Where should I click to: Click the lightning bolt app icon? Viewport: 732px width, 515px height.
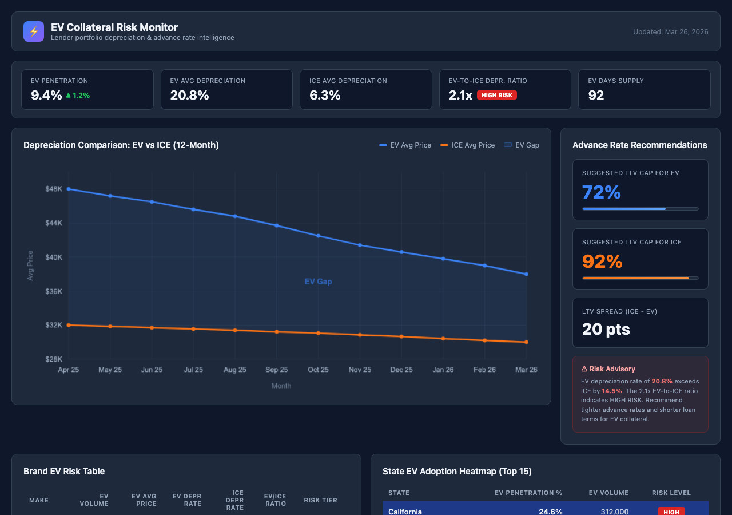34,31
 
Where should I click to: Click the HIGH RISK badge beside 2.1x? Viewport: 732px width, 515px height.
496,95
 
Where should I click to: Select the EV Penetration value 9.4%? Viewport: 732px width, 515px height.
46,96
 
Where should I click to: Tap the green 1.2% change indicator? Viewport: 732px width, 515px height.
78,96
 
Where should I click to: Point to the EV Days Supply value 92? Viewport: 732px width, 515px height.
596,96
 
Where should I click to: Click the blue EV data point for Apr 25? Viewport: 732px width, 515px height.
69,189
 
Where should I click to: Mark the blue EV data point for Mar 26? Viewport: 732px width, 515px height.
526,274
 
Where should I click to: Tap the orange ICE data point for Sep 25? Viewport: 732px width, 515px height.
277,332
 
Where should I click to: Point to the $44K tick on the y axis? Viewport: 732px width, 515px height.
54,223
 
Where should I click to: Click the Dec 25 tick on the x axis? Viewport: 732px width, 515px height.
401,370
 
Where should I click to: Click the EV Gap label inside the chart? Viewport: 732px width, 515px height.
318,282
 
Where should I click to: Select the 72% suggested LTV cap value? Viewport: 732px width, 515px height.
601,192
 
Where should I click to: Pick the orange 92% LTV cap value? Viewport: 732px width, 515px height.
602,262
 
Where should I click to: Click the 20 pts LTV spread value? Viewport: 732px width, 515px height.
606,329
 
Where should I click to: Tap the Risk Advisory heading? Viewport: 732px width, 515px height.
608,369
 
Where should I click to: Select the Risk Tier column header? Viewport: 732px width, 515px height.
320,500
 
